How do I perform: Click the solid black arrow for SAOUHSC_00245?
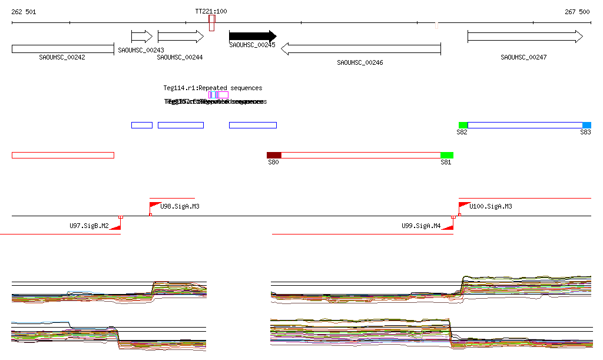(252, 36)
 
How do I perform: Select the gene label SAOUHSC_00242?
(62, 58)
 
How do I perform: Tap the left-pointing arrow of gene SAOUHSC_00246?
(361, 49)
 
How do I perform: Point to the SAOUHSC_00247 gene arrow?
(525, 37)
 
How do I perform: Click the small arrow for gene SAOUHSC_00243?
(142, 37)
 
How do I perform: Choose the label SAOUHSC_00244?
(180, 58)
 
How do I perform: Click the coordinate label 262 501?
(24, 12)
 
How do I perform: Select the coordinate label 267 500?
(577, 12)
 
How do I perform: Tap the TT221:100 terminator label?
(211, 12)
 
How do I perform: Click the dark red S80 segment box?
(274, 155)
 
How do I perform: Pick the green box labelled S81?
(446, 155)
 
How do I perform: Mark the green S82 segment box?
(463, 125)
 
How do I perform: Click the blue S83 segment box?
(587, 125)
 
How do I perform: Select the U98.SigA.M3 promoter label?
(180, 206)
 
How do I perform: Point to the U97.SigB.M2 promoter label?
(89, 226)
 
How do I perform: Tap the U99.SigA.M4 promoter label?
(421, 226)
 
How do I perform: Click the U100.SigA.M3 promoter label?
(491, 206)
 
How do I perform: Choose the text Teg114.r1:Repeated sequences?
(213, 88)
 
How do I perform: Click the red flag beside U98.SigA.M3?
(155, 206)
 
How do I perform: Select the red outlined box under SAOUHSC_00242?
(62, 155)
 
